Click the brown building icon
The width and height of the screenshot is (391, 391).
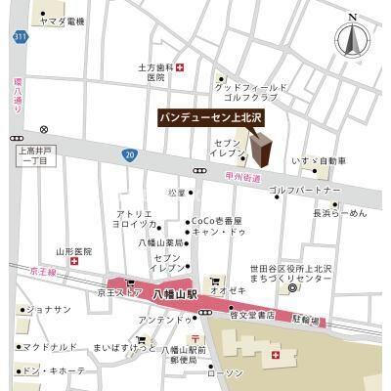[x=263, y=152]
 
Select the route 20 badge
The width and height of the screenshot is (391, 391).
[x=129, y=153]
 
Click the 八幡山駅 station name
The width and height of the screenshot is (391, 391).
[x=178, y=292]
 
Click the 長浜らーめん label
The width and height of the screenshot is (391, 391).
[x=339, y=212]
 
